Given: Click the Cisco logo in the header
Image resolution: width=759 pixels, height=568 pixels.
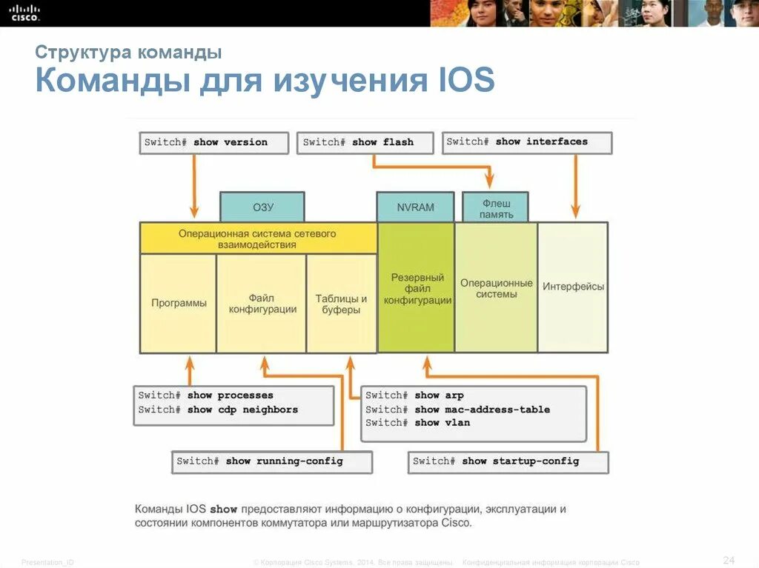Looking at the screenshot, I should (x=24, y=13).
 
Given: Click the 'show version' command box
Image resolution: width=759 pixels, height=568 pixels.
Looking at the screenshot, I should (x=213, y=142).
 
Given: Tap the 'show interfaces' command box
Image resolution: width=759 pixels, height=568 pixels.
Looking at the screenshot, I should (x=527, y=142).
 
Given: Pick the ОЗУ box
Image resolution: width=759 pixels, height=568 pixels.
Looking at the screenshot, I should (x=262, y=207).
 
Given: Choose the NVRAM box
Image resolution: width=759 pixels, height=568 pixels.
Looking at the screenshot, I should (x=415, y=207).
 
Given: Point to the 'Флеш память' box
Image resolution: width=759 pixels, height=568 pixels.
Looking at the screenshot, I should (x=496, y=208).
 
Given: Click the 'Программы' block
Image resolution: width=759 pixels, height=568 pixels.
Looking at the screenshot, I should (x=179, y=303).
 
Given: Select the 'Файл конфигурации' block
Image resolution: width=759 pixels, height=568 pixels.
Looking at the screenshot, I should (x=262, y=303).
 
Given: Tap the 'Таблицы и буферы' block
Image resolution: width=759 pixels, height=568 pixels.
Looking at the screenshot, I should (x=341, y=304).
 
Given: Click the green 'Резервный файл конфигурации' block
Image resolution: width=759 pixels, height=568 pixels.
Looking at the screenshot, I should (x=417, y=288).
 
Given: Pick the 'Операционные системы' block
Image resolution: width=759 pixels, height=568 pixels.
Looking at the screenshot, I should (x=496, y=288).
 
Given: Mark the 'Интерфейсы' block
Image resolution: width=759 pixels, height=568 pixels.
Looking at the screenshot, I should (x=573, y=287).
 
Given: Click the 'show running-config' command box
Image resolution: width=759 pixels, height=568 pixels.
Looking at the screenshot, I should (x=271, y=461).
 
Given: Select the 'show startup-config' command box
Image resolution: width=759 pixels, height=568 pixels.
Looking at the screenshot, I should (x=508, y=461).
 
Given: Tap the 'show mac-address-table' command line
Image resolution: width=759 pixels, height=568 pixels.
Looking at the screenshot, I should (x=457, y=410).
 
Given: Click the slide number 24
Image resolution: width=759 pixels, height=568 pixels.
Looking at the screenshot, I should (x=728, y=558).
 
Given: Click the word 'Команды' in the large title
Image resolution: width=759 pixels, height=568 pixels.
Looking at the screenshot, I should (x=110, y=80).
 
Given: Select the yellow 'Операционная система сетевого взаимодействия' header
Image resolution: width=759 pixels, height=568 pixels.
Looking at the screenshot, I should (x=258, y=238).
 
